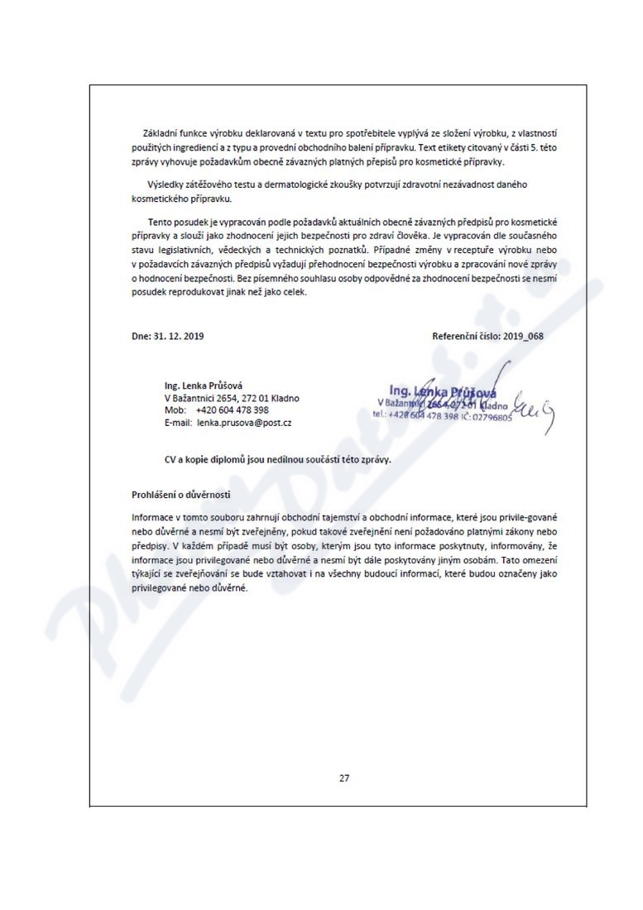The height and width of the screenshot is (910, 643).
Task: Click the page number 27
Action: click(344, 778)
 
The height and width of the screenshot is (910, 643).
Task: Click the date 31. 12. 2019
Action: click(177, 337)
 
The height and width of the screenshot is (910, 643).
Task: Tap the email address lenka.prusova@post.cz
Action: click(243, 422)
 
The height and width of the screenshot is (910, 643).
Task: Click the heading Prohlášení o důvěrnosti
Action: click(180, 496)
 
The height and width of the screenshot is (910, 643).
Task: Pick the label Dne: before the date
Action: click(140, 337)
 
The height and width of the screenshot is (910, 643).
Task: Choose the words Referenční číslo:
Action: click(460, 337)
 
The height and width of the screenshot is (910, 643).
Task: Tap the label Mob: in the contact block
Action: click(175, 409)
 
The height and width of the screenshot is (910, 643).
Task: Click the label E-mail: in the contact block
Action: click(179, 422)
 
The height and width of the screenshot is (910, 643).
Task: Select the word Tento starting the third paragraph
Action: click(161, 222)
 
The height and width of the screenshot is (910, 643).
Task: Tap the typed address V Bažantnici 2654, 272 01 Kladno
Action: click(232, 397)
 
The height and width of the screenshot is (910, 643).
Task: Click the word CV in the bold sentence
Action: click(171, 458)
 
